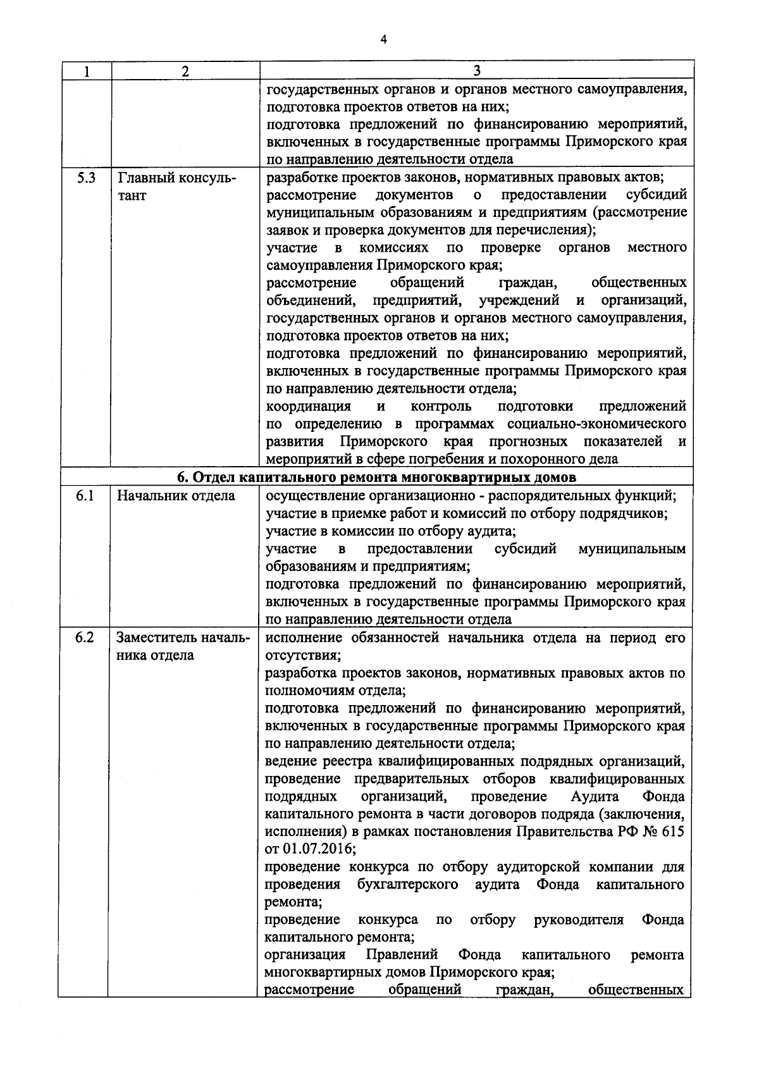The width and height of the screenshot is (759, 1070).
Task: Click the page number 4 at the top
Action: pyautogui.click(x=383, y=40)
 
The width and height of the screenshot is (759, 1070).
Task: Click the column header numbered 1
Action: pyautogui.click(x=86, y=71)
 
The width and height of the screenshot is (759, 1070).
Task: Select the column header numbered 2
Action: pyautogui.click(x=185, y=71)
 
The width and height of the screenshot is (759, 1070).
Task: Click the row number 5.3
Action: pyautogui.click(x=86, y=178)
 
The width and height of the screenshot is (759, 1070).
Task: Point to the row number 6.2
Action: pyautogui.click(x=85, y=638)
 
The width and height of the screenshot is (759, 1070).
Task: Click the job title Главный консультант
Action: pyautogui.click(x=176, y=187)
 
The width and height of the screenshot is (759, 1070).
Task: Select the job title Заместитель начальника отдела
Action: pyautogui.click(x=183, y=646)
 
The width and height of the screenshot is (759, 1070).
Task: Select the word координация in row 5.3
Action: pyautogui.click(x=308, y=405)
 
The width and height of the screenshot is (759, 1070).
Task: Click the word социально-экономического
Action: pyautogui.click(x=596, y=423)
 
